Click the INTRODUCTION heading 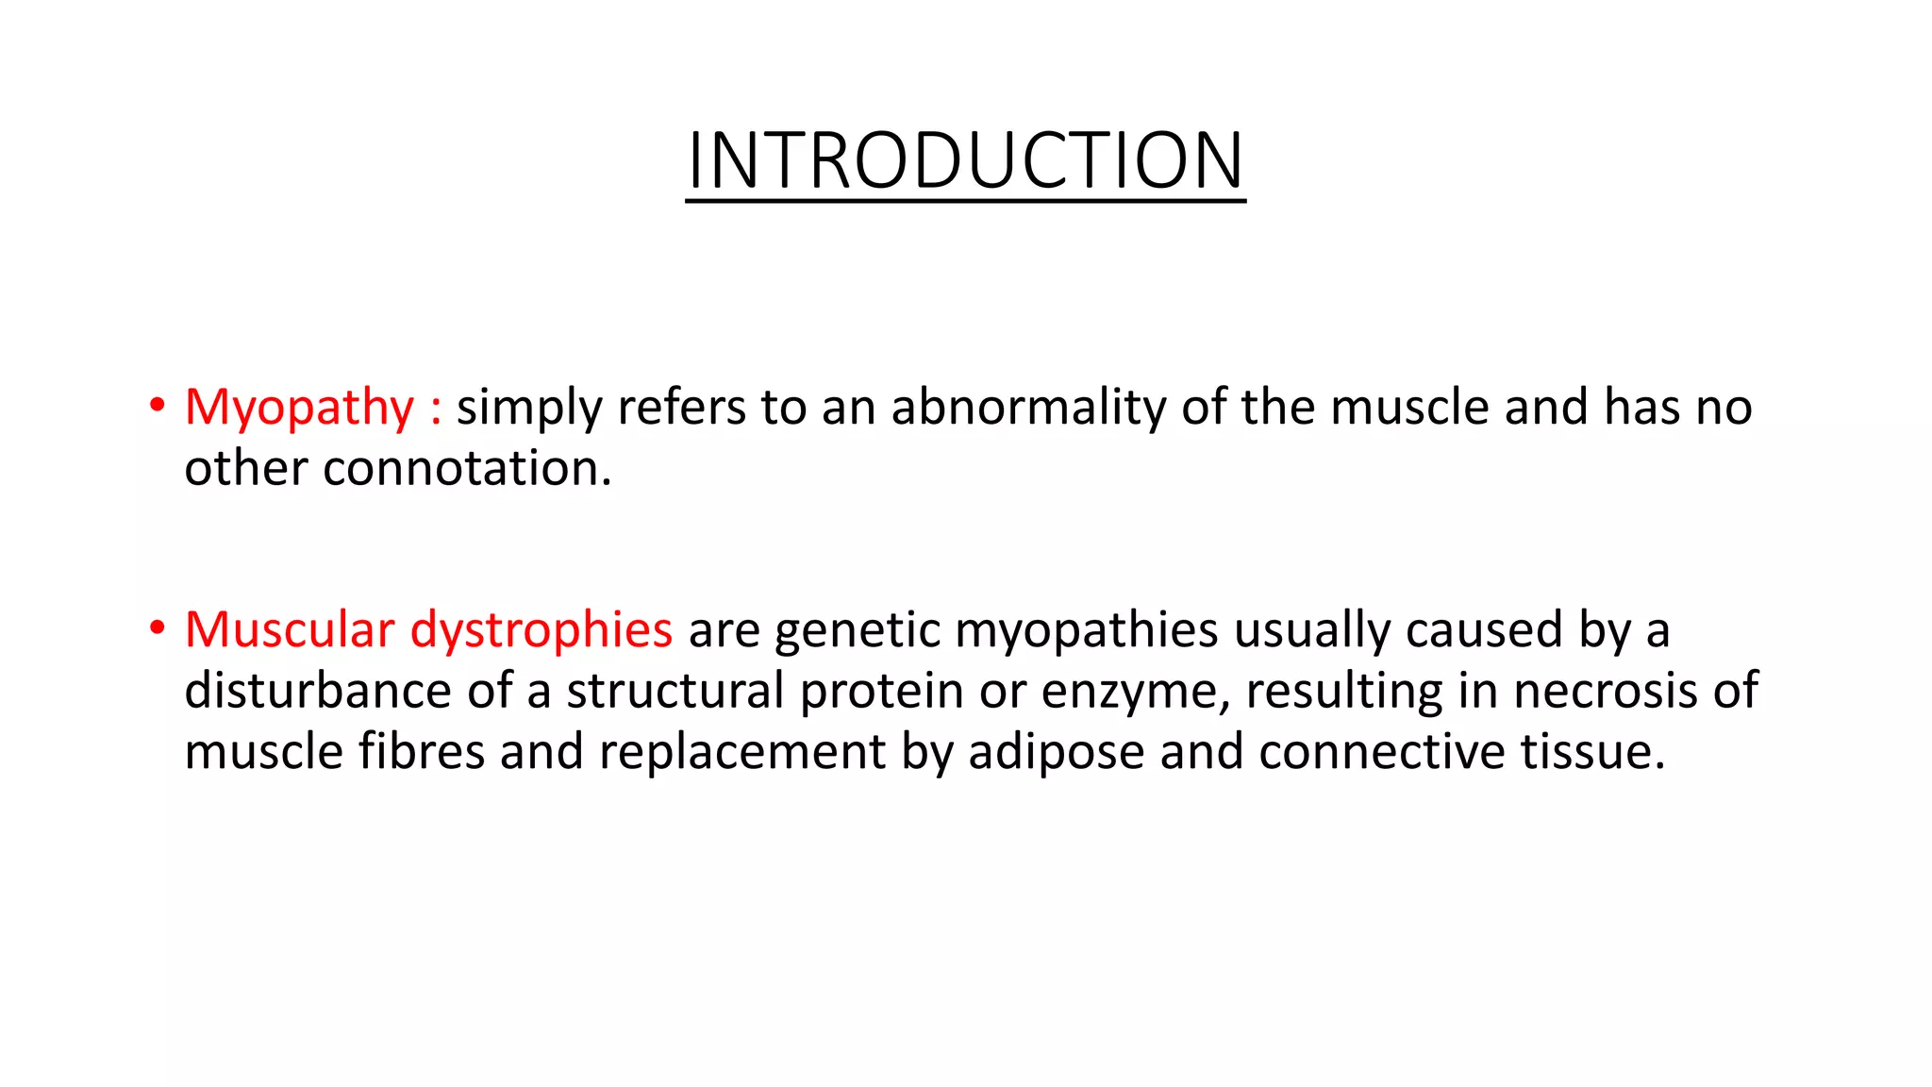(966, 160)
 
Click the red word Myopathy (299, 409)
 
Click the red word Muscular (289, 629)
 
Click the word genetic (857, 630)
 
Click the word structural (675, 691)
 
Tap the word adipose (1056, 753)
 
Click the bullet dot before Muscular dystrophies (158, 628)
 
